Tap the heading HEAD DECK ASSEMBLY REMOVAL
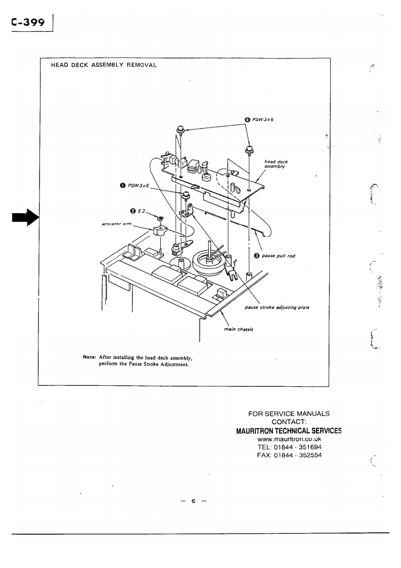click(104, 65)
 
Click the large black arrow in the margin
click(25, 218)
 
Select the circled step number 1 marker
click(122, 186)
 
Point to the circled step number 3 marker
click(256, 255)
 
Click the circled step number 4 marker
click(247, 120)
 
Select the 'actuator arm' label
click(117, 224)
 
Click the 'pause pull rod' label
click(278, 256)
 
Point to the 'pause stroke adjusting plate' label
click(277, 307)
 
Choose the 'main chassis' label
click(238, 330)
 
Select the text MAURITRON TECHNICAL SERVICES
click(289, 431)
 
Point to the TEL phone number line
click(289, 448)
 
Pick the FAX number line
click(289, 456)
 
